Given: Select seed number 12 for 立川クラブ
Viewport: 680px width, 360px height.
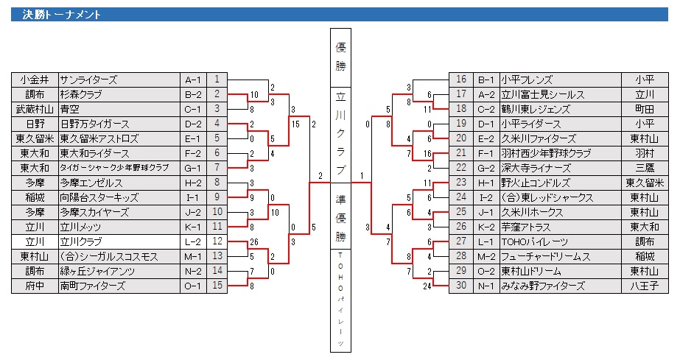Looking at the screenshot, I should click(217, 241).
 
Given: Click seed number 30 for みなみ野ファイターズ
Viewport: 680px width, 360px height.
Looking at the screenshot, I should click(462, 286).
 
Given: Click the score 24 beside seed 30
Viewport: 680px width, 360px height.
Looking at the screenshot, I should click(426, 286).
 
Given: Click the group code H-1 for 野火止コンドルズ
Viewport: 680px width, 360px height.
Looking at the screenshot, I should click(486, 183).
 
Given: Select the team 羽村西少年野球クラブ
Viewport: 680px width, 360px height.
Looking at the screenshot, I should click(546, 153).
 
